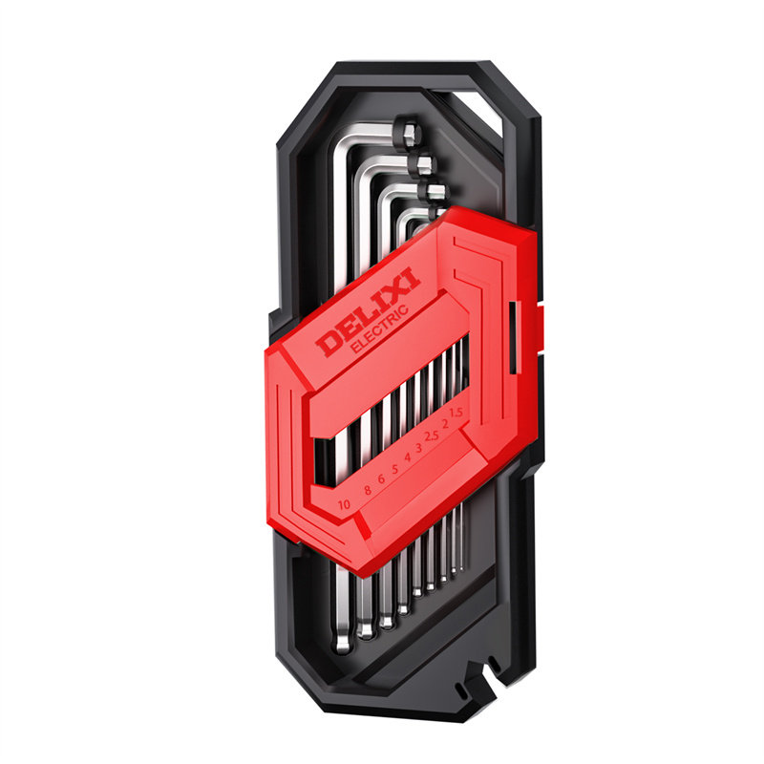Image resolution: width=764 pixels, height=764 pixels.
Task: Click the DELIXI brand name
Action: click(x=369, y=312)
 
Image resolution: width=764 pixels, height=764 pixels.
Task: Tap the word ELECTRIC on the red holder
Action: click(x=380, y=329)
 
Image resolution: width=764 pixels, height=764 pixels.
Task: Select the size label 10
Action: click(x=344, y=504)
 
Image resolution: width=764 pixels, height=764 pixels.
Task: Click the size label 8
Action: click(x=368, y=490)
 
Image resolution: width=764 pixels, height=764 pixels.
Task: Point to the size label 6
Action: click(x=381, y=479)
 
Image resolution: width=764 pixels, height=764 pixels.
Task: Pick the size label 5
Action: click(x=394, y=469)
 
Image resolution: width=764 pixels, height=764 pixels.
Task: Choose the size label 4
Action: click(x=408, y=457)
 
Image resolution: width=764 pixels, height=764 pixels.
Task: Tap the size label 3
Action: click(x=418, y=447)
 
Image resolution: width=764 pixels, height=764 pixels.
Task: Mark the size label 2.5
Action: click(x=432, y=435)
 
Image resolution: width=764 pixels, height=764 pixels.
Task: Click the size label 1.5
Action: click(x=456, y=413)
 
